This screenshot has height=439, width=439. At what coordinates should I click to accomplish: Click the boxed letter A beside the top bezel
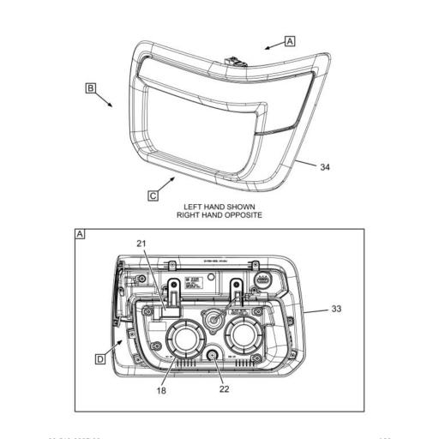point(289,40)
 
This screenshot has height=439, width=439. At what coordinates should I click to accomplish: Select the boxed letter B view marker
point(89,87)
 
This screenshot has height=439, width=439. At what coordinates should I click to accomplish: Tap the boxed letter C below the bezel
point(153,195)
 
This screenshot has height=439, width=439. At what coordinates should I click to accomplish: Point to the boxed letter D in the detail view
point(100,359)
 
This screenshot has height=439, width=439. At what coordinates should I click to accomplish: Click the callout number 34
point(324,167)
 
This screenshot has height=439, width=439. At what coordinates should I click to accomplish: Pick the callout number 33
point(336,309)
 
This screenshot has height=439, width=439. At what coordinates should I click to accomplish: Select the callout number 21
point(141,244)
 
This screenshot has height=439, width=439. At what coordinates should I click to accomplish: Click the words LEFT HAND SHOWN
point(219,207)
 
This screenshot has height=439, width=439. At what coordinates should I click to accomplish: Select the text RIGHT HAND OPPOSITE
point(219,215)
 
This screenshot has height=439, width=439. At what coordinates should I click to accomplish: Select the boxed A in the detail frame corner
point(81,234)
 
